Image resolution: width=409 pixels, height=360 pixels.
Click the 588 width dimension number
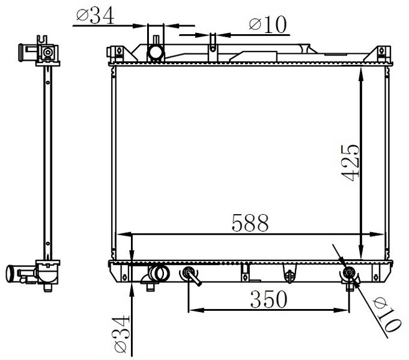click(x=250, y=223)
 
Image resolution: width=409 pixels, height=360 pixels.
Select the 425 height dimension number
click(x=350, y=163)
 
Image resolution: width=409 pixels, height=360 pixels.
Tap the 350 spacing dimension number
click(x=268, y=299)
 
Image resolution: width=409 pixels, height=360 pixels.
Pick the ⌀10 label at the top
click(x=268, y=25)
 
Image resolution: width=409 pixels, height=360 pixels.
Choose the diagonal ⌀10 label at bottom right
click(x=387, y=316)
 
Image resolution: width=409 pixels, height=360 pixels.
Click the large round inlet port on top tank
click(x=156, y=52)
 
